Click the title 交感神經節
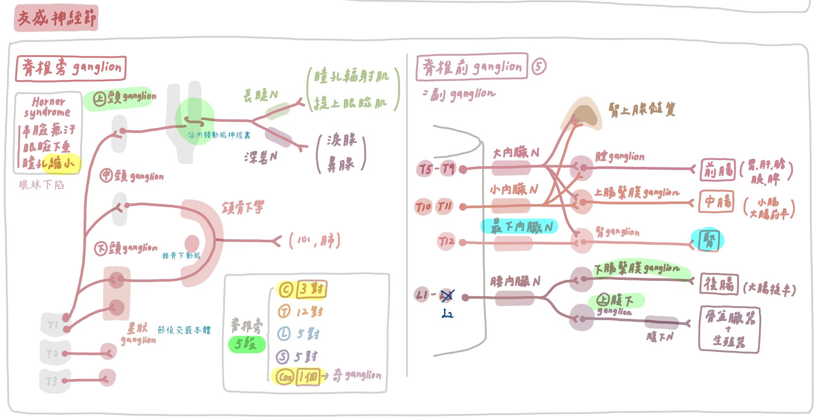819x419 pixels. (x=56, y=18)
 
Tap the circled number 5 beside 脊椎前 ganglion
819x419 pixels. (x=538, y=67)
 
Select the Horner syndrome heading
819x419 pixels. (x=47, y=107)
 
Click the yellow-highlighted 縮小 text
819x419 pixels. (x=61, y=163)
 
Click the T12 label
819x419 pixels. (x=446, y=241)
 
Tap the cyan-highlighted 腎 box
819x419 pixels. (x=708, y=240)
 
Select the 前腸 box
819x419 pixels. (x=718, y=170)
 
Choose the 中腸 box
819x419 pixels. (x=716, y=202)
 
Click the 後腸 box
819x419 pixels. (x=718, y=285)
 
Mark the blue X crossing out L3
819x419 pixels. (x=447, y=296)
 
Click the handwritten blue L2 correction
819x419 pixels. (x=447, y=313)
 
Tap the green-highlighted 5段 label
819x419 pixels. (x=246, y=344)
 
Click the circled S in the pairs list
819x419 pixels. (x=283, y=357)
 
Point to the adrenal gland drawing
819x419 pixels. (x=583, y=114)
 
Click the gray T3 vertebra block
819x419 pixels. (x=54, y=381)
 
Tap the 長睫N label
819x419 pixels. (x=260, y=96)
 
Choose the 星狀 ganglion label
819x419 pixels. (x=138, y=334)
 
